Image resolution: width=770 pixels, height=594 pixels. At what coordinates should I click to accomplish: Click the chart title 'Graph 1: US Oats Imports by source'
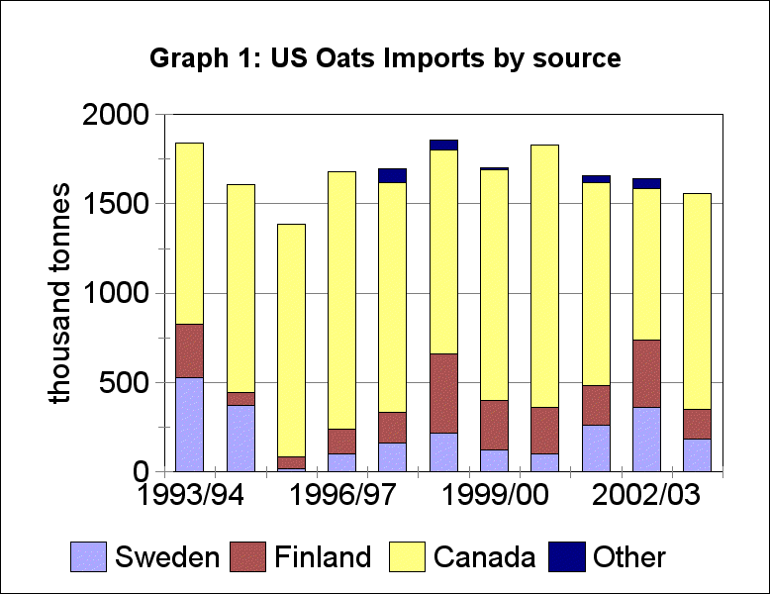pyautogui.click(x=385, y=58)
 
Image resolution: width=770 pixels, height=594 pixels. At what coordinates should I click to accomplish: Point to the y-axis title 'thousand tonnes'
pyautogui.click(x=61, y=293)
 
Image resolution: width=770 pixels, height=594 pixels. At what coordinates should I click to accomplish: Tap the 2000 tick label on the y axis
pyautogui.click(x=117, y=116)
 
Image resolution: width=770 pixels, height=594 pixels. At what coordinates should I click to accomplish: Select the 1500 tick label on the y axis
pyautogui.click(x=117, y=205)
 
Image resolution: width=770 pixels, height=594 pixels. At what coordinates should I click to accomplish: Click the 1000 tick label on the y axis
pyautogui.click(x=117, y=294)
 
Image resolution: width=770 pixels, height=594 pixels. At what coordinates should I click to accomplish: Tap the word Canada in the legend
pyautogui.click(x=486, y=557)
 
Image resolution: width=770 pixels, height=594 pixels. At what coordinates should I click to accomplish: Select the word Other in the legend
pyautogui.click(x=629, y=557)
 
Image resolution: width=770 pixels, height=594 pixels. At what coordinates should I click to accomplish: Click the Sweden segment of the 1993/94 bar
pyautogui.click(x=189, y=424)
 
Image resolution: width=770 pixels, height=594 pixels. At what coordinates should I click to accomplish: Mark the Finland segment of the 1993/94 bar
pyautogui.click(x=189, y=350)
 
